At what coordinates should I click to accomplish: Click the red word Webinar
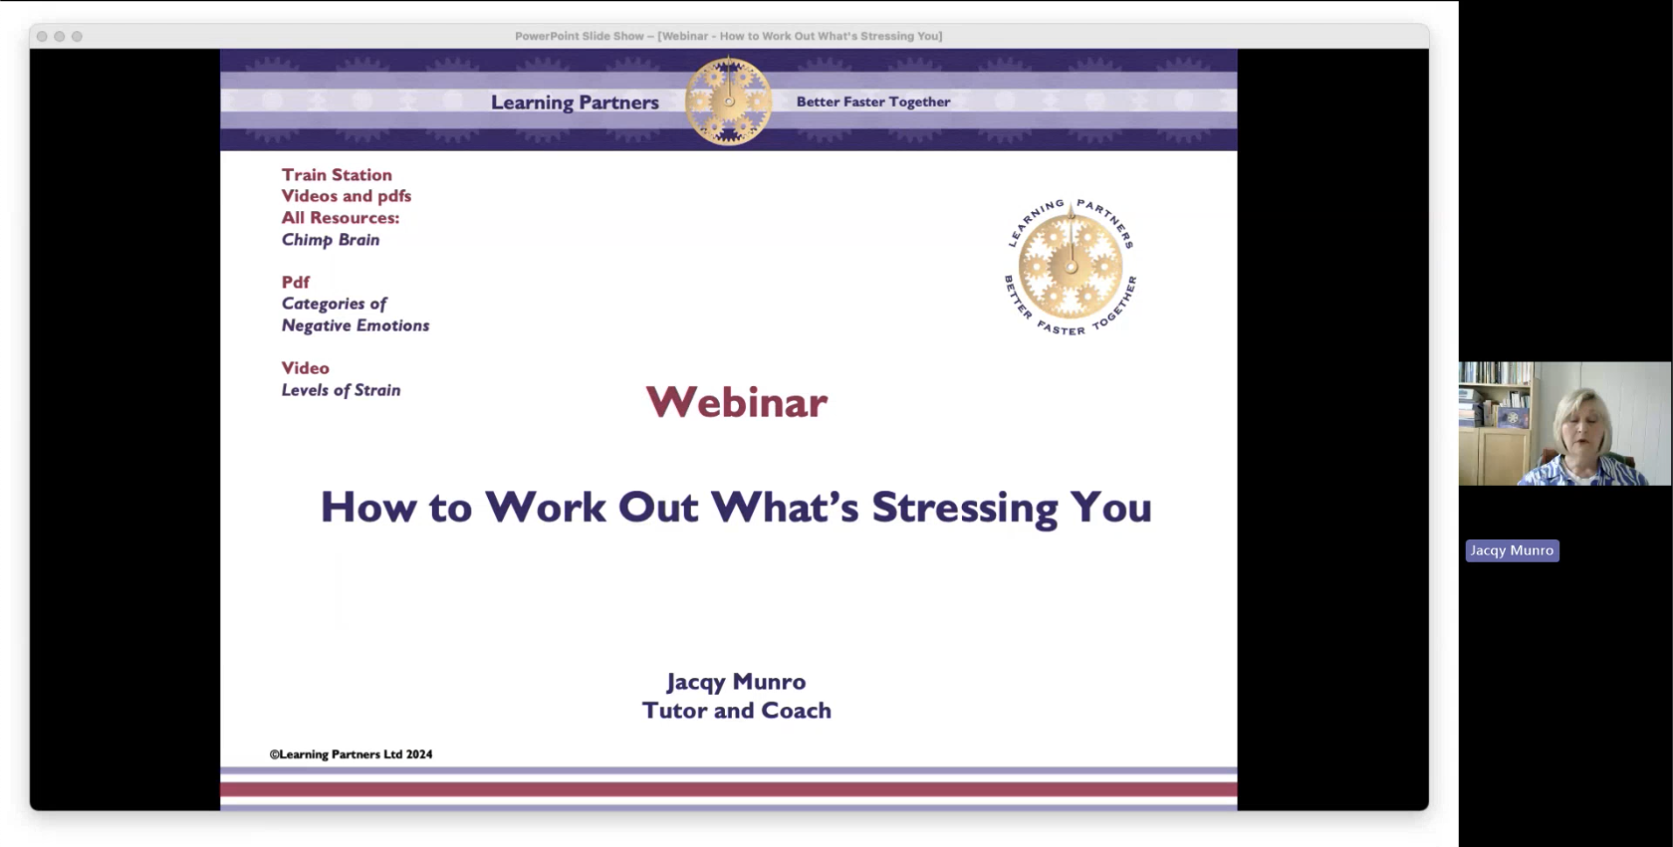click(x=737, y=402)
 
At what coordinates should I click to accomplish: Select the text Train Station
click(x=337, y=174)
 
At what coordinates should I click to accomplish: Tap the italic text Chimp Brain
click(x=331, y=240)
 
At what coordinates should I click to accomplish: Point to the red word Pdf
click(x=295, y=282)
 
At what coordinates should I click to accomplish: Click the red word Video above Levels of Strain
click(x=305, y=368)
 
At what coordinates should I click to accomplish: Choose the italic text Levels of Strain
click(x=341, y=390)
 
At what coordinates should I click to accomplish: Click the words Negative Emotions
click(x=356, y=325)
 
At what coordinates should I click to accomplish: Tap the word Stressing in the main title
click(x=965, y=509)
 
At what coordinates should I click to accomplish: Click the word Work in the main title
click(x=546, y=508)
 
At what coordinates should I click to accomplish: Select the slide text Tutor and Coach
click(x=737, y=711)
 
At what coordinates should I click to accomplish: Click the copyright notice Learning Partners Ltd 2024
click(x=351, y=754)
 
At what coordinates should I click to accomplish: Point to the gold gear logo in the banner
click(x=728, y=102)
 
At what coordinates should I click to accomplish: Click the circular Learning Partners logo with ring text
click(x=1071, y=267)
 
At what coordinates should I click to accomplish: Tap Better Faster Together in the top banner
click(x=873, y=103)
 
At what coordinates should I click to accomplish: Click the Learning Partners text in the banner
click(x=575, y=103)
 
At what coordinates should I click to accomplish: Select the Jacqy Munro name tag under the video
click(x=1513, y=550)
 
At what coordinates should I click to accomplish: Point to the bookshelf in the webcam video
click(x=1496, y=422)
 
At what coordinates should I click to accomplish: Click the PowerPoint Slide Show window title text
click(x=728, y=36)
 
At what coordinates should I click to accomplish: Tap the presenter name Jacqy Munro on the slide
click(x=737, y=683)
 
